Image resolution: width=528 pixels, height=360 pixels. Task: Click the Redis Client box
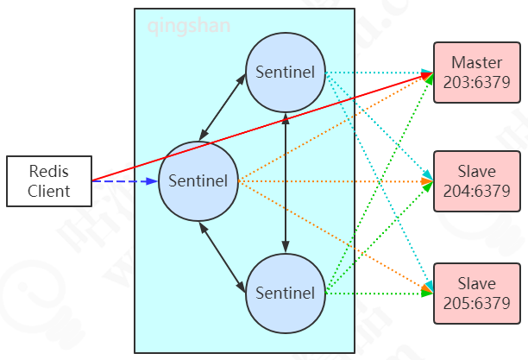click(48, 181)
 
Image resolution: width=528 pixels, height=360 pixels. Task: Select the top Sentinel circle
click(285, 72)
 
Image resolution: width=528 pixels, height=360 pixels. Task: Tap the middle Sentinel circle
click(198, 180)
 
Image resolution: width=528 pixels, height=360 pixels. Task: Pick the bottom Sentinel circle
click(285, 293)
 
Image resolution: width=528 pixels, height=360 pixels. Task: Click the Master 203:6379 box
click(475, 72)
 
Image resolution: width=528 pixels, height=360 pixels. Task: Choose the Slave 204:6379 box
click(475, 180)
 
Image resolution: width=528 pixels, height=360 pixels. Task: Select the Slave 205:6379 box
click(475, 293)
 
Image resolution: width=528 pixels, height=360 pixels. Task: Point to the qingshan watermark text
click(188, 27)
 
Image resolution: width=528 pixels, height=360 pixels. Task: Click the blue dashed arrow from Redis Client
click(125, 181)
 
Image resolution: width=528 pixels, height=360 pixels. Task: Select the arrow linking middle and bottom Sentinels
click(223, 256)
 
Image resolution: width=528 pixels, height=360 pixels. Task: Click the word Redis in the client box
click(48, 172)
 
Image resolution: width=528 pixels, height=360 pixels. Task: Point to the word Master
click(475, 63)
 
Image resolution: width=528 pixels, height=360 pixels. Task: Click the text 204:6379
click(475, 190)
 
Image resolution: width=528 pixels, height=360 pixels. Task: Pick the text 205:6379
click(475, 302)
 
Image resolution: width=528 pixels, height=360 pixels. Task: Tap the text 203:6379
click(475, 81)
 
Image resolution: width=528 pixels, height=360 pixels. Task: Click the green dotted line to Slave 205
click(380, 294)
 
